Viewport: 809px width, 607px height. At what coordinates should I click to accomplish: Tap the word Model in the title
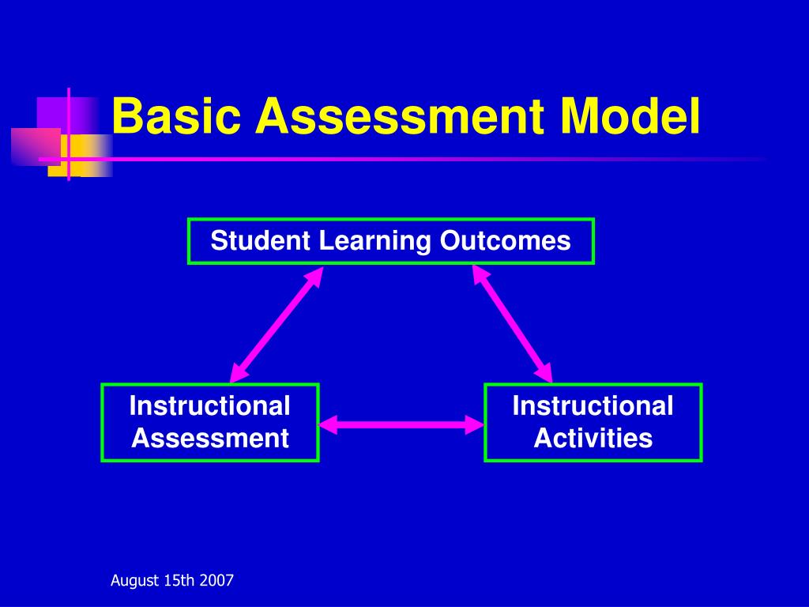click(630, 116)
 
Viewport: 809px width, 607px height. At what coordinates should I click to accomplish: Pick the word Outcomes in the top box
click(506, 241)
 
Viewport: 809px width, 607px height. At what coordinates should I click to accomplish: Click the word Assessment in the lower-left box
click(210, 438)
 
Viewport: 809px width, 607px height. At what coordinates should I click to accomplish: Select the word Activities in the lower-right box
click(593, 438)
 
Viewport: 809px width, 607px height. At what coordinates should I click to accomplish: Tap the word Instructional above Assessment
click(210, 406)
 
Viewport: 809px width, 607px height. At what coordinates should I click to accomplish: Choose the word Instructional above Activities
click(593, 406)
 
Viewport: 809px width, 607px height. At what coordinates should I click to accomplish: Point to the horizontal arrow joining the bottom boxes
click(401, 425)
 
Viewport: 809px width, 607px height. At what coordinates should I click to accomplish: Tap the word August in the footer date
click(135, 581)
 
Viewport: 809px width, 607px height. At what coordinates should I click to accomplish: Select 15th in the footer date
click(179, 581)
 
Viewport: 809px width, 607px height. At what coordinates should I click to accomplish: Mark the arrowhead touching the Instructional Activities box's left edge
click(474, 425)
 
